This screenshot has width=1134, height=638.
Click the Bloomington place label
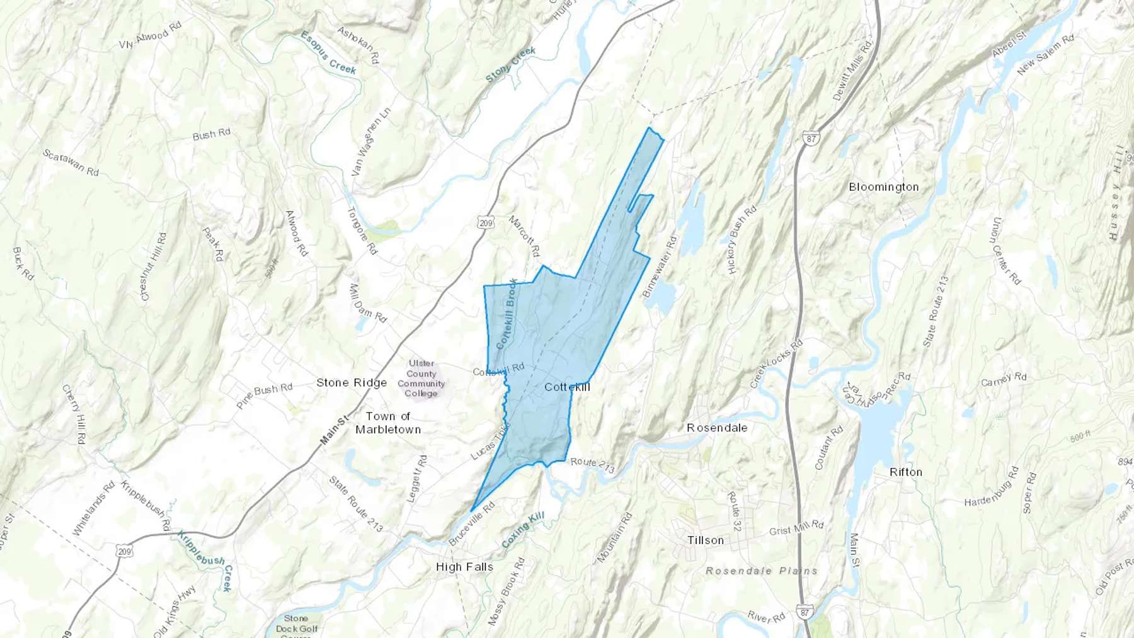point(883,187)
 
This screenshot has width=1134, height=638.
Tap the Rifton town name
point(905,472)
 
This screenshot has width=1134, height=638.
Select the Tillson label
point(706,540)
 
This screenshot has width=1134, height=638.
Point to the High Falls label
point(464,567)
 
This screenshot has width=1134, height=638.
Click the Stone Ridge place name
point(352,382)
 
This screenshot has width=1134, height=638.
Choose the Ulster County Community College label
point(421,378)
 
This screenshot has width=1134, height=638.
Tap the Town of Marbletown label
point(388,423)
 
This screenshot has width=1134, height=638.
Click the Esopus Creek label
point(328,52)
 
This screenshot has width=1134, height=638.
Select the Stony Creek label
point(510,64)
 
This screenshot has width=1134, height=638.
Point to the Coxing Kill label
point(523,530)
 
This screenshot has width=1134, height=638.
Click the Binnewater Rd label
point(659,267)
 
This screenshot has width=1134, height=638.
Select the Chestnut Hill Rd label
point(153,266)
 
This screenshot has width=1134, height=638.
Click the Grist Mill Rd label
point(796,527)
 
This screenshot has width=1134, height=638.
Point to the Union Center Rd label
point(1005,251)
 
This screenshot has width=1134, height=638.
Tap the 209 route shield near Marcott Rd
point(485,222)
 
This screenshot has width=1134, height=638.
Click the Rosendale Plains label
point(761,571)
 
